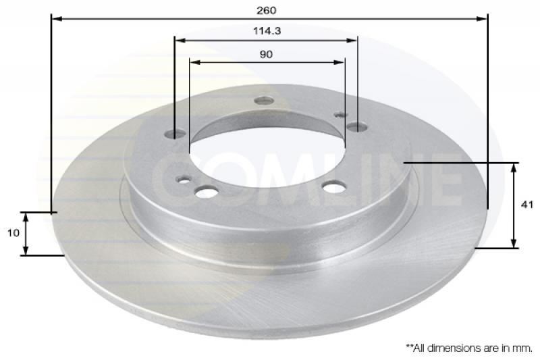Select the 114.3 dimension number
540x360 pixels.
click(266, 31)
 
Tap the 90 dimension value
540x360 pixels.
click(266, 54)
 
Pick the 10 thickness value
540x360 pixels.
click(13, 232)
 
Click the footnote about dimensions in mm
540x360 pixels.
click(468, 347)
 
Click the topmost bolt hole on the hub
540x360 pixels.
click(264, 101)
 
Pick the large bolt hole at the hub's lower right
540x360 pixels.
click(333, 187)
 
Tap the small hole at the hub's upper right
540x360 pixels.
click(340, 115)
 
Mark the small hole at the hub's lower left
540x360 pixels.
click(182, 180)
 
